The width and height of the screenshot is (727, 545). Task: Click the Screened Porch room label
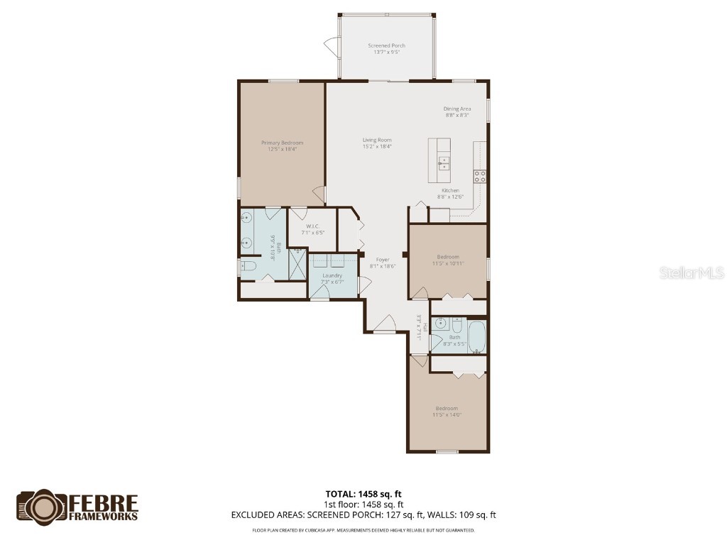point(387,45)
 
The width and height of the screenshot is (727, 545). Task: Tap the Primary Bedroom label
point(281,143)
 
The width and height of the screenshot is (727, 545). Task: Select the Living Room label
point(377,140)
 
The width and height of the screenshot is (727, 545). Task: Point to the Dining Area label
point(457,109)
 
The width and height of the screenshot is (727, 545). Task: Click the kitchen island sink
point(444,163)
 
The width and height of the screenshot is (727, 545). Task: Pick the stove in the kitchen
point(480,177)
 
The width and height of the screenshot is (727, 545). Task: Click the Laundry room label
point(332,275)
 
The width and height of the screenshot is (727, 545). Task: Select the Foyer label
point(383,260)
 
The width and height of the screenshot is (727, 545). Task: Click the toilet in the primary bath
point(247,268)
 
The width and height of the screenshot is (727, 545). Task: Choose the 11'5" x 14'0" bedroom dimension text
point(447,415)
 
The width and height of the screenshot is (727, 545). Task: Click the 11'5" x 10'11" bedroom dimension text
point(447,263)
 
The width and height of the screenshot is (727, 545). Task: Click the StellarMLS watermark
point(692,272)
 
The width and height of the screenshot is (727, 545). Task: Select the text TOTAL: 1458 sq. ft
point(363,494)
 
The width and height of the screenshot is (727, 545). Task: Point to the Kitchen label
point(450,190)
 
